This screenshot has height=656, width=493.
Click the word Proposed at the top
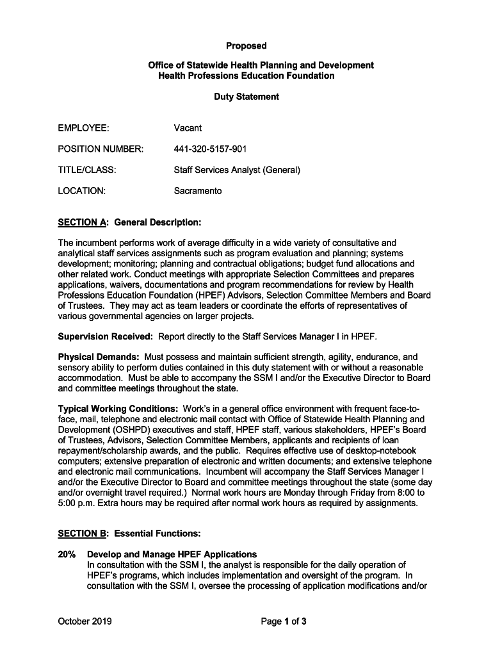(246, 46)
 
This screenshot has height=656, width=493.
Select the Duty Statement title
(246, 97)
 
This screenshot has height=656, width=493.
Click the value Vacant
(188, 128)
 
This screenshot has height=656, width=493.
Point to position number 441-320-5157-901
(210, 149)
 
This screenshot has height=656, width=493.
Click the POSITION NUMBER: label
(101, 149)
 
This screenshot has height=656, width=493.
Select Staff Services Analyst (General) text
(237, 170)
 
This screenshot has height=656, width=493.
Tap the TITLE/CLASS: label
(87, 170)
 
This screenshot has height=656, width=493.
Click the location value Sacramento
(198, 191)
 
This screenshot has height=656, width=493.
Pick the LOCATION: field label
(82, 191)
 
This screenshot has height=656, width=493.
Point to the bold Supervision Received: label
(106, 336)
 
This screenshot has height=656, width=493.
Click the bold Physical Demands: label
(99, 357)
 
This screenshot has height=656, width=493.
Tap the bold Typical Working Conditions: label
(118, 409)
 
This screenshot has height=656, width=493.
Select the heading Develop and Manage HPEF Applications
(172, 554)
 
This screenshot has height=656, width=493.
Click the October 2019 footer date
(85, 621)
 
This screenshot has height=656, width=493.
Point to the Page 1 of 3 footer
(283, 621)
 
